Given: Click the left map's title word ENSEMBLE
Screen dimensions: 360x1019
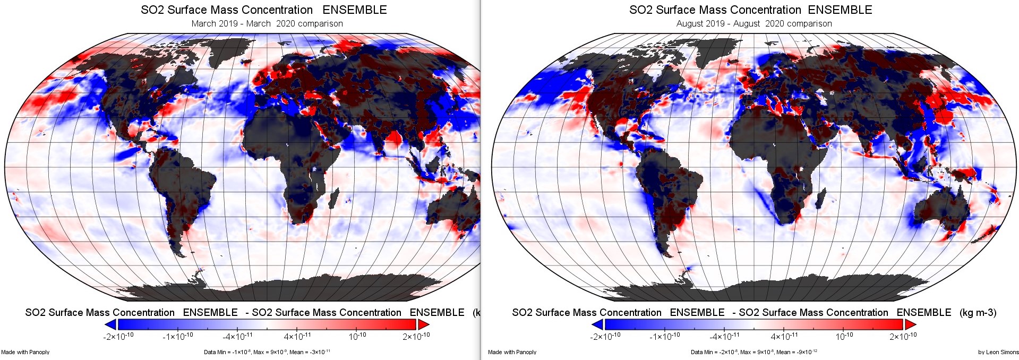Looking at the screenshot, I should (x=354, y=10).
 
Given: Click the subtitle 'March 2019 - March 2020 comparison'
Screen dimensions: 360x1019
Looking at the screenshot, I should (x=267, y=24).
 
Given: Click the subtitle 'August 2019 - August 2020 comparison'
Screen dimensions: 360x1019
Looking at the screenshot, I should (x=754, y=24).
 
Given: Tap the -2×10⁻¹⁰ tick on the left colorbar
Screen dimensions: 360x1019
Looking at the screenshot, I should (x=118, y=336).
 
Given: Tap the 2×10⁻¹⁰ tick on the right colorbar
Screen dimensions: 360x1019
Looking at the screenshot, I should (x=903, y=336).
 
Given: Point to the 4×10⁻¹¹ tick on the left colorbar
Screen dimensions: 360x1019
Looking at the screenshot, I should (x=297, y=336).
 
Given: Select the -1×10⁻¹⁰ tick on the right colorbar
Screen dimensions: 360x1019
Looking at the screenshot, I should (x=664, y=336).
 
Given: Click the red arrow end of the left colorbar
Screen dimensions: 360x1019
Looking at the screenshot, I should (x=423, y=324).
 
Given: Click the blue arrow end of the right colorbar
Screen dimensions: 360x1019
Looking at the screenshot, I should (x=597, y=324).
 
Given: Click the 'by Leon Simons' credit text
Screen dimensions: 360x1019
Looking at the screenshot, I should (x=998, y=352).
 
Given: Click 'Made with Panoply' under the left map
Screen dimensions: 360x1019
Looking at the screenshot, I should (x=25, y=352).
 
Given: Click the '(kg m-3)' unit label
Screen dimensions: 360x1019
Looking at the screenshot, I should (x=978, y=313).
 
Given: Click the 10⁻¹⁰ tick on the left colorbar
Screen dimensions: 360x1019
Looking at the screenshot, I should (x=357, y=336).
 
